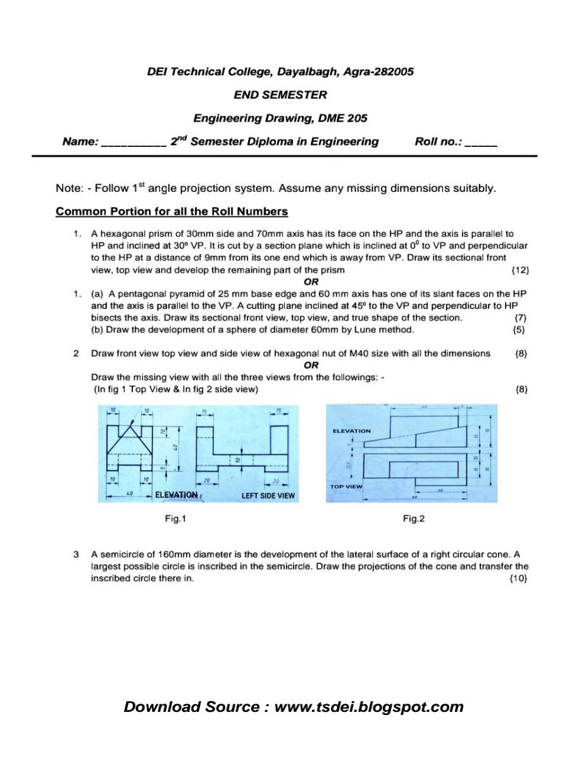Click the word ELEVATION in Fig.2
[352, 431]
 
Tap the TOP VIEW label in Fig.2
[346, 486]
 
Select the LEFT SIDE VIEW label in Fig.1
[268, 495]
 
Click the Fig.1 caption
[175, 519]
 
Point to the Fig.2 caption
[414, 519]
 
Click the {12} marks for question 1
[520, 270]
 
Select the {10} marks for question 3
[518, 578]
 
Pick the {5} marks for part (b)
[521, 329]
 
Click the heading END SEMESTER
[280, 95]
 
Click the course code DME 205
[346, 118]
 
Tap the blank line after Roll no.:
[481, 143]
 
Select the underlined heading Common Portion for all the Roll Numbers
[171, 212]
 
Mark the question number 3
[76, 554]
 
